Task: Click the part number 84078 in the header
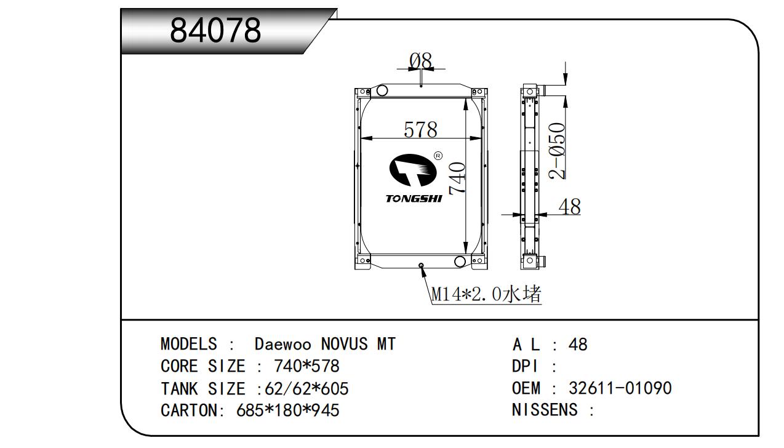coord(215,30)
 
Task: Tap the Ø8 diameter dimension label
coord(421,62)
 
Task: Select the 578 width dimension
coord(420,129)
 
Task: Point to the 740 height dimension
coord(457,178)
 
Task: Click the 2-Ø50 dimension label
coord(557,151)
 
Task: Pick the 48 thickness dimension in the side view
coord(569,207)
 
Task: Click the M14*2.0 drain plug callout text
coord(486,294)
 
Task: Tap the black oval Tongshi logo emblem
coord(413,170)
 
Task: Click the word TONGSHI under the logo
coord(414,199)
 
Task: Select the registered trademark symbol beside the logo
coord(438,156)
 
